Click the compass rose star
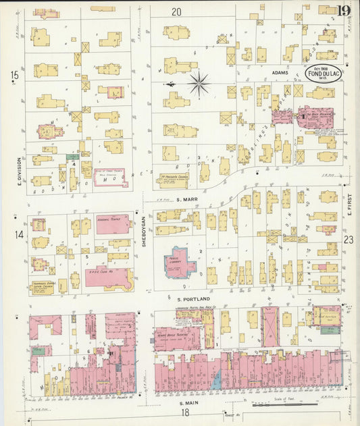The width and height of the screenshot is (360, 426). pyautogui.click(x=198, y=84)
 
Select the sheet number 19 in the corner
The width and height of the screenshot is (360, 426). pyautogui.click(x=343, y=9)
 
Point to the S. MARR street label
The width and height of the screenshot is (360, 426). pyautogui.click(x=186, y=200)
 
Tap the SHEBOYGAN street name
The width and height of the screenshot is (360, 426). pyautogui.click(x=144, y=234)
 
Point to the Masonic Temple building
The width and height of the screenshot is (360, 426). pyautogui.click(x=113, y=223)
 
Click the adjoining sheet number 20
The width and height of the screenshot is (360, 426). pyautogui.click(x=177, y=11)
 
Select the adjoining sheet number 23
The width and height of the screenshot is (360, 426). pyautogui.click(x=349, y=240)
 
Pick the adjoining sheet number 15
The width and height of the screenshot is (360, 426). pyautogui.click(x=15, y=76)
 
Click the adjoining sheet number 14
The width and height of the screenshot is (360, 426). pyautogui.click(x=19, y=234)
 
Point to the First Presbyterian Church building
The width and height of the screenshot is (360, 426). pyautogui.click(x=174, y=179)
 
